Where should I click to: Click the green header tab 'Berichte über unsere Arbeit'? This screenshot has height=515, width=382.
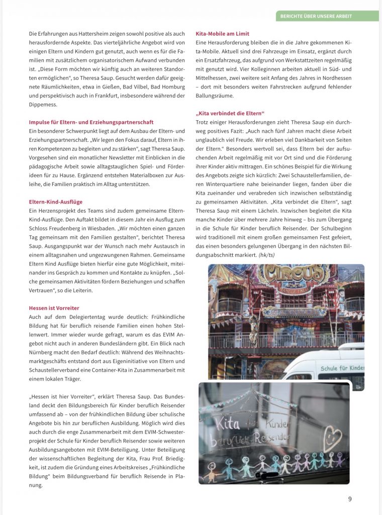327,16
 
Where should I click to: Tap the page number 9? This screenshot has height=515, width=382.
350,499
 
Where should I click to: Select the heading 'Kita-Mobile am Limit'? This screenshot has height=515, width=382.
222,34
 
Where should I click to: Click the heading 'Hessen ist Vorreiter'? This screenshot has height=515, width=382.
54,308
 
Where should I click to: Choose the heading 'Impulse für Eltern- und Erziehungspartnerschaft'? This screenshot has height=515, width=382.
91,122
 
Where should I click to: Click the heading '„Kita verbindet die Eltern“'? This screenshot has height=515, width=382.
230,113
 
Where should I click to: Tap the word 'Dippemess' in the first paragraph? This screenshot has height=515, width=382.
44,104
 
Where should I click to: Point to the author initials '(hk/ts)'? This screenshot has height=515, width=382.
267,254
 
